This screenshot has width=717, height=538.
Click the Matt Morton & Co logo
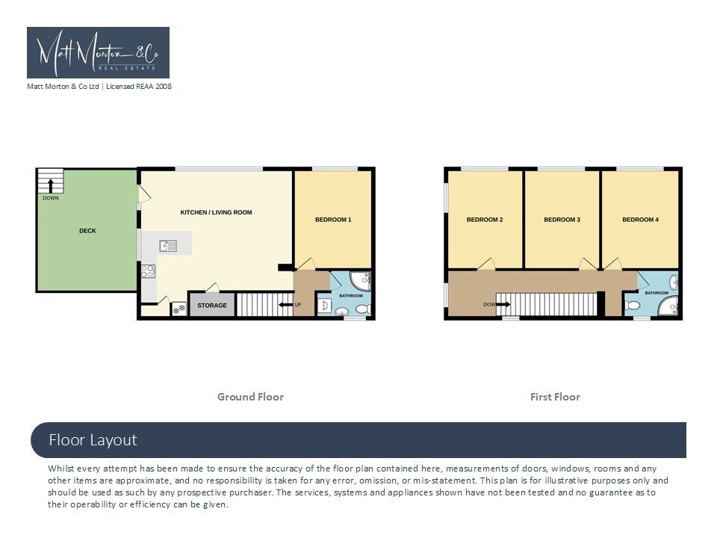point(99,52)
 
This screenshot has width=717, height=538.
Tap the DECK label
point(88,231)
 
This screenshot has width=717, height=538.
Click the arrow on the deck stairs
point(51,185)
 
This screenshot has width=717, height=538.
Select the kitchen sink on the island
point(168,246)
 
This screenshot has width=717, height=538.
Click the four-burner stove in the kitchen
point(148,271)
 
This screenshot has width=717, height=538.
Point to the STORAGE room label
point(212,305)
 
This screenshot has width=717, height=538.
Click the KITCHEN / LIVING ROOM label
point(217,212)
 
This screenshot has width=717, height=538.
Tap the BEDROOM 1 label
point(333,220)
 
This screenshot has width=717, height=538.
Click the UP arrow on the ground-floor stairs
point(286,305)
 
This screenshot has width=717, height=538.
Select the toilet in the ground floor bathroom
point(364,309)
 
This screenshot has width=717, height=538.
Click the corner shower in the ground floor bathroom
point(360,281)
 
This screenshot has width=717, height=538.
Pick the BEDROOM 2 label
point(485,220)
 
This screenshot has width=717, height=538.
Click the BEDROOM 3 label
point(562,220)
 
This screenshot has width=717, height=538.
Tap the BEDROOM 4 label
point(641,220)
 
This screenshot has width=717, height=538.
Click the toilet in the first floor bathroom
point(633,305)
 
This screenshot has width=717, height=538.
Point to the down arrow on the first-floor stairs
point(503,304)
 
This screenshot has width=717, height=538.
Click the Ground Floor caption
point(251,397)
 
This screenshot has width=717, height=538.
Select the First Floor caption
point(555,397)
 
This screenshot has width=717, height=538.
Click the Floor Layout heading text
point(93,440)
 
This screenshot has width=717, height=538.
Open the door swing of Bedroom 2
point(488,264)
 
